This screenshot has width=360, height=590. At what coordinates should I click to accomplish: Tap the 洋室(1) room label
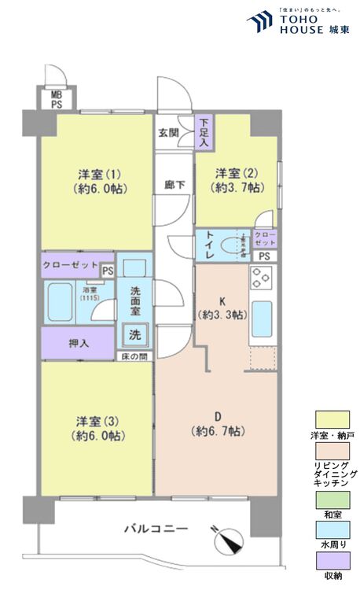tap(97, 180)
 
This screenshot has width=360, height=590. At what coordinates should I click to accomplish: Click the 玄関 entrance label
tap(167, 133)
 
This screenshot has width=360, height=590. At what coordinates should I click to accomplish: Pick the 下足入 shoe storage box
tap(204, 132)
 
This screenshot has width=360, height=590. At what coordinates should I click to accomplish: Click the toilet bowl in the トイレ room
tap(233, 244)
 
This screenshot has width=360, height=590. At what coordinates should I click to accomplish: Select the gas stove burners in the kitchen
tap(261, 278)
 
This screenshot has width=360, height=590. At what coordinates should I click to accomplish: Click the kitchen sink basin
tap(261, 317)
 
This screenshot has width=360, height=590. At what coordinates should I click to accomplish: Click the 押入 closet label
tap(78, 343)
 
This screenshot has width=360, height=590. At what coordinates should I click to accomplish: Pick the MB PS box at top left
tap(57, 98)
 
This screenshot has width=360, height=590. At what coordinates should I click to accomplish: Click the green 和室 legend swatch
tap(332, 499)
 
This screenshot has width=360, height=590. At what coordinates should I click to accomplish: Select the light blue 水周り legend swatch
tap(332, 529)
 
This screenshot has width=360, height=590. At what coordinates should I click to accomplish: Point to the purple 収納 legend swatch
tap(332, 561)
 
